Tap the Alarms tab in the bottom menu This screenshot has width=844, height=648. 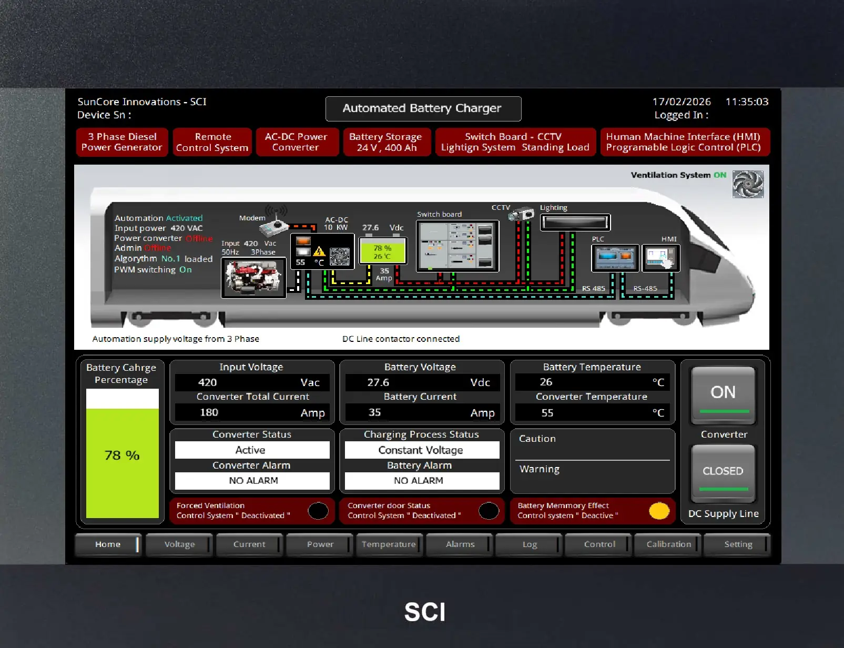pos(460,544)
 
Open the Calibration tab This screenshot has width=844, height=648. pos(668,544)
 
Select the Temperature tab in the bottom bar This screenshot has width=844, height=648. pos(389,544)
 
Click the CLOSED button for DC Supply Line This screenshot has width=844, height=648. pos(723,473)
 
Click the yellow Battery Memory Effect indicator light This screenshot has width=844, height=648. pos(659,511)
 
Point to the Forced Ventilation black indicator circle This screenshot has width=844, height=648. pos(318,511)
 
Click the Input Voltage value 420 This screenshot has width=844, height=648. pos(207,382)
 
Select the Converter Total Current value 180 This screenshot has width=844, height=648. pos(209,412)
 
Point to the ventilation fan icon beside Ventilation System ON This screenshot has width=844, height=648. pos(748,184)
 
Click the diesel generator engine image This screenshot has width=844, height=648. pos(253,278)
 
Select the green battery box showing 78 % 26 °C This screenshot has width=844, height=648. pos(383,251)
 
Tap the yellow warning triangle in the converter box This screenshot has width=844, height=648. pos(319,251)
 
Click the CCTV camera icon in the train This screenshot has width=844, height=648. pos(521,214)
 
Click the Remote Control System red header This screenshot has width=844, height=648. pos(212,142)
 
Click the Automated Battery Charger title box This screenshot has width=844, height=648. pos(423,109)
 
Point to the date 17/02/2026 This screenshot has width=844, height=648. pos(682,102)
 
